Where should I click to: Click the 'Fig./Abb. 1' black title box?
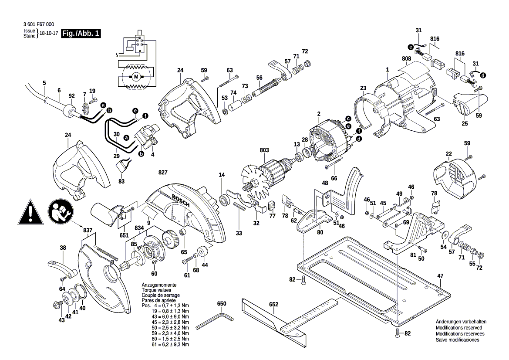81,34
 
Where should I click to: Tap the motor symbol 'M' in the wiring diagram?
135,77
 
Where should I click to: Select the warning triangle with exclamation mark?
30,212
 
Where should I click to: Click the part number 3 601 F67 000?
40,25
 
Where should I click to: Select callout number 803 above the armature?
264,150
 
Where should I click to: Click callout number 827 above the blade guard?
163,173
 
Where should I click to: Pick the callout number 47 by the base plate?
440,276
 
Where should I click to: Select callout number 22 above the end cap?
448,153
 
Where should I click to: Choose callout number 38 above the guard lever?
63,248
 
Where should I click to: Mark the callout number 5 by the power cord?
44,83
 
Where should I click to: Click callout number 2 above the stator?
319,114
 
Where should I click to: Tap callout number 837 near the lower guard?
88,230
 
